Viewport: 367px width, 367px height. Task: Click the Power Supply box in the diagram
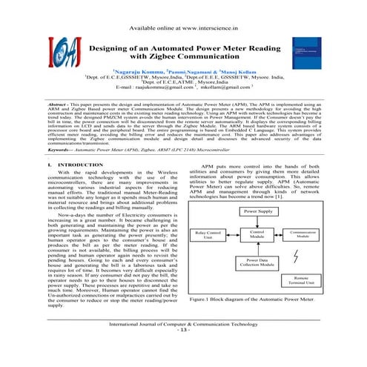point(258,211)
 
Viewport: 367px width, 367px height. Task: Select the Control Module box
point(258,236)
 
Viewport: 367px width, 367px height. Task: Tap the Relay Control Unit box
point(208,236)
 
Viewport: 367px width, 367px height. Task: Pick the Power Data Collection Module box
point(258,264)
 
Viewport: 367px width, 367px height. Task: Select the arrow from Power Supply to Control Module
point(258,222)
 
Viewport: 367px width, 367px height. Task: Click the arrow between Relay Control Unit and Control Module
point(233,236)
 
